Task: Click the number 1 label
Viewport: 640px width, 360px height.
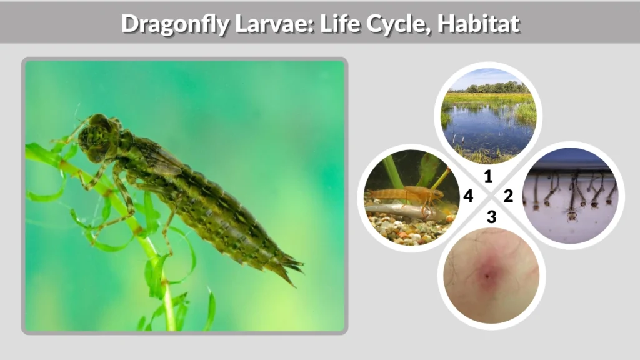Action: tap(488, 176)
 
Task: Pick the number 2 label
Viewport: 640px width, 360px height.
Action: tap(508, 196)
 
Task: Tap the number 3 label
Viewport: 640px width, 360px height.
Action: tap(491, 217)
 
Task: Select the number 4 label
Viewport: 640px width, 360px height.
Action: tap(468, 196)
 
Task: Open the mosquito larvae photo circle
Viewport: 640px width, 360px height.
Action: tap(570, 195)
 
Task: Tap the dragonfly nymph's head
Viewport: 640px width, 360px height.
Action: tap(96, 134)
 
